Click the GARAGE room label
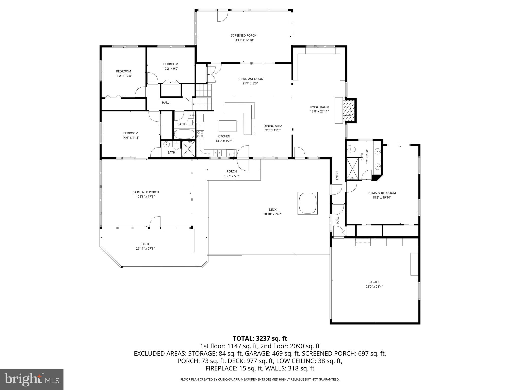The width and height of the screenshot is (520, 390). [x=374, y=282]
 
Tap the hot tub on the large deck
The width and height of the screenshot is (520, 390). [x=307, y=203]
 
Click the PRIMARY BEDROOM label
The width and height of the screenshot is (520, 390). [x=382, y=193]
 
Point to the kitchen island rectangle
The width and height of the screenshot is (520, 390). [x=227, y=126]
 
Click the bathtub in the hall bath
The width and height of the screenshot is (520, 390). [x=184, y=134]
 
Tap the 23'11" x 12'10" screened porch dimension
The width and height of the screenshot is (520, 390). [x=243, y=40]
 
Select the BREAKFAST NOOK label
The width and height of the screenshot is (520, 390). [x=250, y=79]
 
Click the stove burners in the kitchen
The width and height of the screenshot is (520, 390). [x=200, y=134]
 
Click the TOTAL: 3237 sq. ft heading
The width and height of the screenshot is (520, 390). [x=260, y=338]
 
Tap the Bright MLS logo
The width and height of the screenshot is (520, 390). [x=31, y=379]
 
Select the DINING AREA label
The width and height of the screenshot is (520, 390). [x=273, y=126]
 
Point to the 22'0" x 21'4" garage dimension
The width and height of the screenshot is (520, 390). [x=374, y=287]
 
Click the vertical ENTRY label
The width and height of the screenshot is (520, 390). [x=337, y=175]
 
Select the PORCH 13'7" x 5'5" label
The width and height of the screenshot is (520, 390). [x=232, y=174]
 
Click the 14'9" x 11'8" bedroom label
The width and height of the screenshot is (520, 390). [x=131, y=138]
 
